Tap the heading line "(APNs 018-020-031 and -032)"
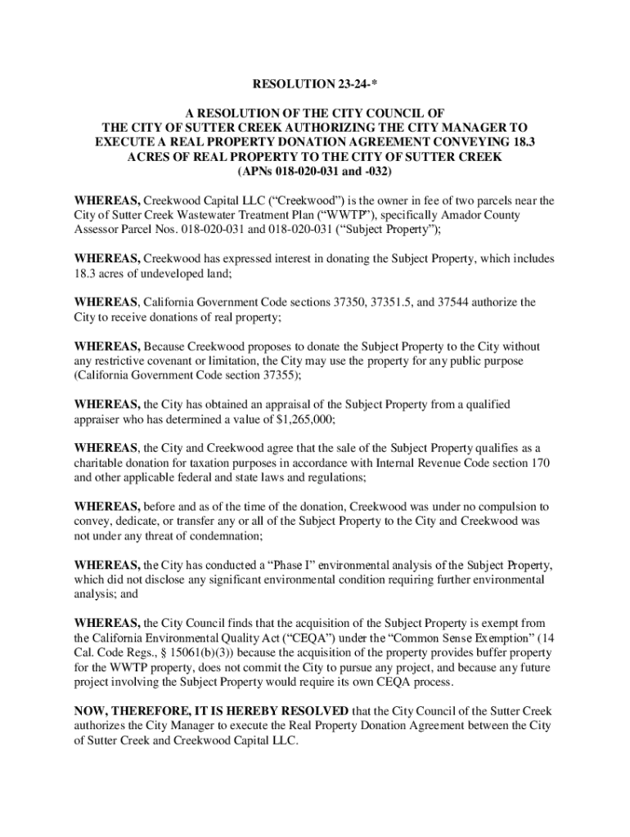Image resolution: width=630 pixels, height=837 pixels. (314, 173)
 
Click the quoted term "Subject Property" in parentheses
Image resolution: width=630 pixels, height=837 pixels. (391, 230)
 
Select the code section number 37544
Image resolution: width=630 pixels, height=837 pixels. (448, 302)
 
